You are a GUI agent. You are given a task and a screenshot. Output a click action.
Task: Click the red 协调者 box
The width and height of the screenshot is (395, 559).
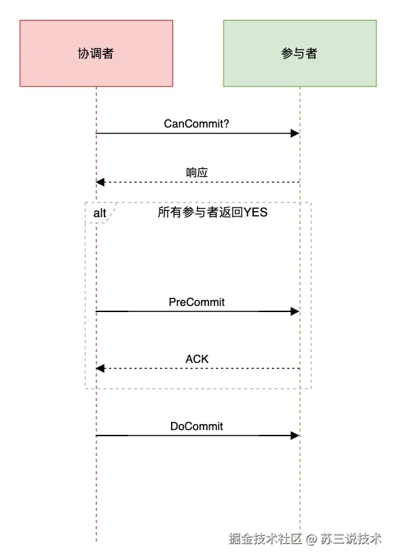pyautogui.click(x=96, y=53)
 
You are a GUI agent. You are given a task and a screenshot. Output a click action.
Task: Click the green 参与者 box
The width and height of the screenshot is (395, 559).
pyautogui.click(x=300, y=53)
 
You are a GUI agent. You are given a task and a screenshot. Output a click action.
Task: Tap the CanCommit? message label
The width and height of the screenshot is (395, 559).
pyautogui.click(x=196, y=123)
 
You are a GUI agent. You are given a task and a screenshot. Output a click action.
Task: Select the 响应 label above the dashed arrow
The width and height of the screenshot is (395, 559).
pyautogui.click(x=197, y=172)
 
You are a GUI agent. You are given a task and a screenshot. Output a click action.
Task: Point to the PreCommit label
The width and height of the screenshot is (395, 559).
pyautogui.click(x=197, y=302)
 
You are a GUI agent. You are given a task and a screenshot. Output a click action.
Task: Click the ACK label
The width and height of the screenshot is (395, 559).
pyautogui.click(x=197, y=359)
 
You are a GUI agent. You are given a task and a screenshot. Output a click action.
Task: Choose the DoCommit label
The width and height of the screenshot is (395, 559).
pyautogui.click(x=197, y=426)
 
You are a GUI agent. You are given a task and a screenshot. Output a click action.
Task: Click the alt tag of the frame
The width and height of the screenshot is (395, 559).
pyautogui.click(x=100, y=213)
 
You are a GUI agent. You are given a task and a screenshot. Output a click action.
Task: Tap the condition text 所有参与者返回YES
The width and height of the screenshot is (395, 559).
pyautogui.click(x=212, y=212)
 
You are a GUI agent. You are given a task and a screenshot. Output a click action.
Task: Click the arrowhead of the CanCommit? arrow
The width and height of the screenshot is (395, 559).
pyautogui.click(x=295, y=134)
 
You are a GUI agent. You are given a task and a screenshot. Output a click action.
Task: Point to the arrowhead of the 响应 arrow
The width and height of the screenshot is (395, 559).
pyautogui.click(x=100, y=182)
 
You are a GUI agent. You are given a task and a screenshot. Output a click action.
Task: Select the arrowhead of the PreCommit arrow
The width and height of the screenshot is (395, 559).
pyautogui.click(x=295, y=311)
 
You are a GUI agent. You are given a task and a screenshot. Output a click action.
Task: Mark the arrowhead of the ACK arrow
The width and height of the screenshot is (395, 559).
pyautogui.click(x=100, y=368)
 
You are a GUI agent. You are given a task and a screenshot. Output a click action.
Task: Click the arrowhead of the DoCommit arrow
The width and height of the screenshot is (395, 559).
pyautogui.click(x=295, y=436)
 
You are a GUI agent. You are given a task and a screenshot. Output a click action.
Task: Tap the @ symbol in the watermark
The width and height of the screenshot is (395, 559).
pyautogui.click(x=311, y=539)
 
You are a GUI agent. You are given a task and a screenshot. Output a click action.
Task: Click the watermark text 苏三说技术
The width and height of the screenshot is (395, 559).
pyautogui.click(x=351, y=539)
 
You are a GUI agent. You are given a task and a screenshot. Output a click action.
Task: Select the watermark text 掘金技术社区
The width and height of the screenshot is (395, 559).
pyautogui.click(x=265, y=539)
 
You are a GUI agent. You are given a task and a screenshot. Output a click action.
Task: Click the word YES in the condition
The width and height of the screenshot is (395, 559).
pyautogui.click(x=255, y=212)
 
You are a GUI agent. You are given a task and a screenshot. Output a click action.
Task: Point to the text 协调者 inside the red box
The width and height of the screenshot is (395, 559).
pyautogui.click(x=96, y=54)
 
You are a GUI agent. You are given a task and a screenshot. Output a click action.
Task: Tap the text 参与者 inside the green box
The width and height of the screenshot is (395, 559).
pyautogui.click(x=299, y=54)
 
